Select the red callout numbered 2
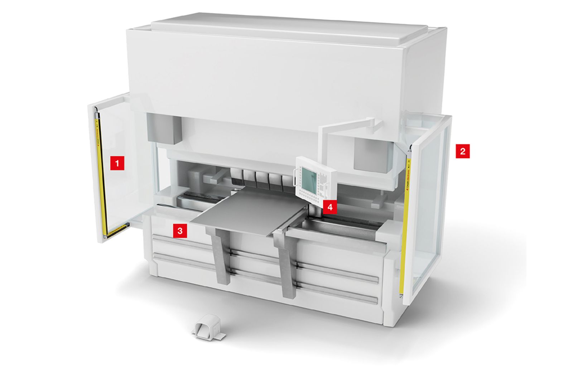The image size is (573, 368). [x=462, y=151]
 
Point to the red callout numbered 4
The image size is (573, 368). [x=330, y=207]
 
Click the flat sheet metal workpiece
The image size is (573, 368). [x=247, y=211]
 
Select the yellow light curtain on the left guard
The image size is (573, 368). [x=100, y=172]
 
